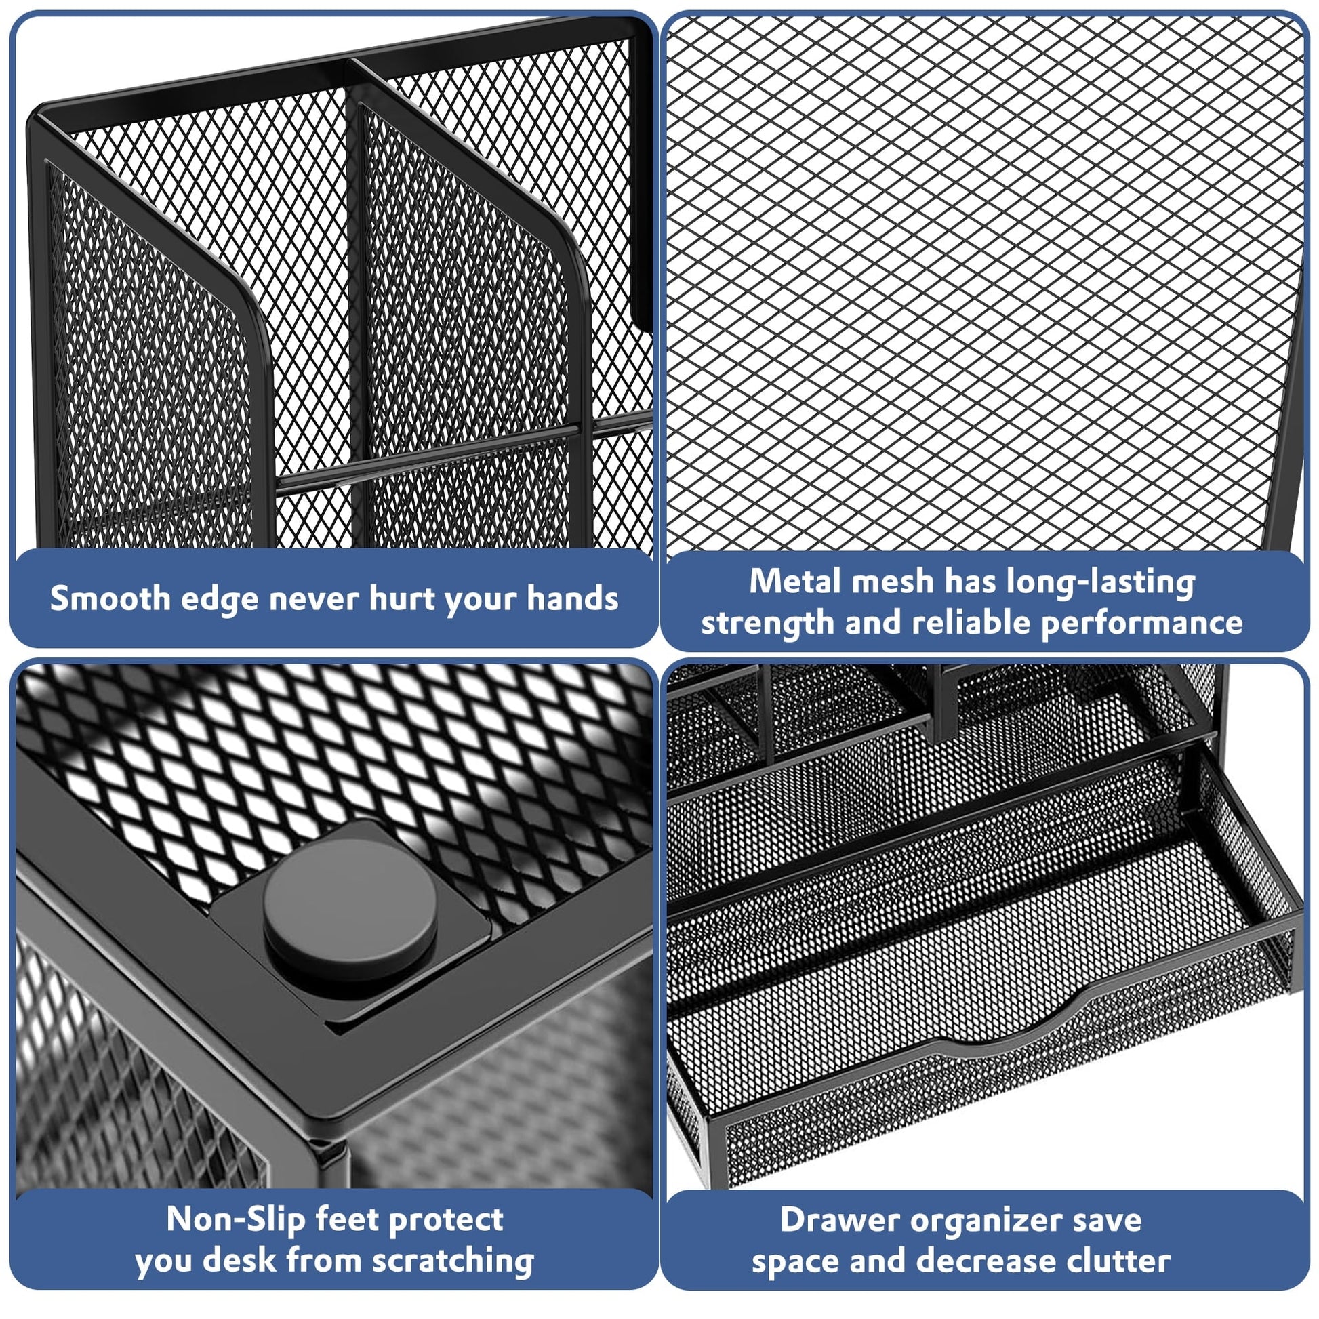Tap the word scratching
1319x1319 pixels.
click(453, 1260)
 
